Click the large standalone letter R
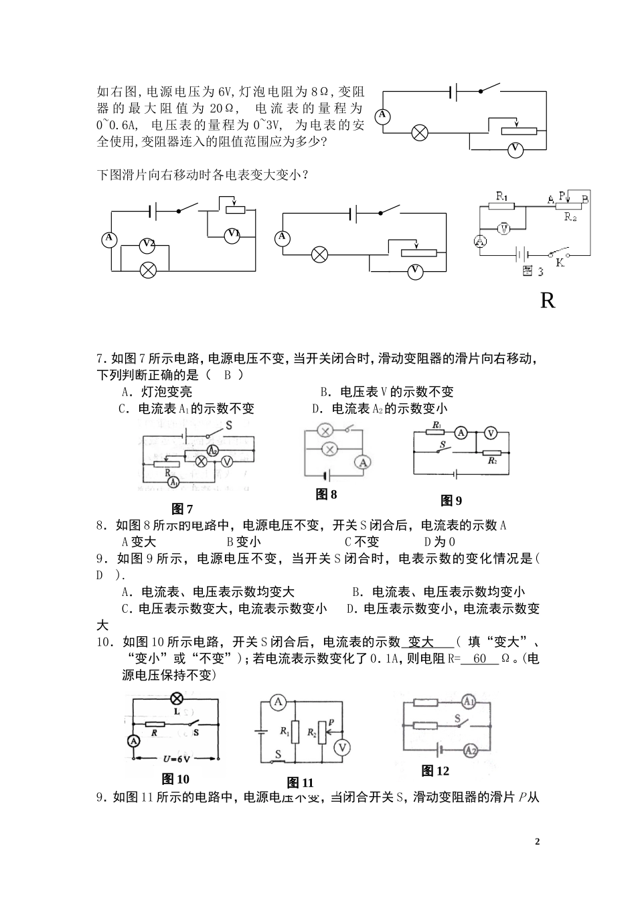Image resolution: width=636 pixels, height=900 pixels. pos(547,301)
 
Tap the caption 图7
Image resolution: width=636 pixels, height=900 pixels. pos(182,509)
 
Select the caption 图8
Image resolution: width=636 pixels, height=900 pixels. pos(326,494)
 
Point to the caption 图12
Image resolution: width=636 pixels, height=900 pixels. pos(435,771)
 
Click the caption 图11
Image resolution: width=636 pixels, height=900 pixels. pos(300,782)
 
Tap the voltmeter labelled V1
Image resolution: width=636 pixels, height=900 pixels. pos(233,234)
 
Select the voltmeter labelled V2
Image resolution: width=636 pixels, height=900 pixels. pos(148,245)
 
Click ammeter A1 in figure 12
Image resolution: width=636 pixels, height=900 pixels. pos(469,701)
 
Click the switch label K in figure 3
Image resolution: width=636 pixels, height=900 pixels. pos(560,263)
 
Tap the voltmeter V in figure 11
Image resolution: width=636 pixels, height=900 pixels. pos(343,747)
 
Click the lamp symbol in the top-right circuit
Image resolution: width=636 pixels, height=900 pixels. pos(420,133)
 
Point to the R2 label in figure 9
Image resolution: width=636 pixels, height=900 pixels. pos(492,462)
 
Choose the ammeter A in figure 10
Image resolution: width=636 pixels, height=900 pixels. pos(133,741)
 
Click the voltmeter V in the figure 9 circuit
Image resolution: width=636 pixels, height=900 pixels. pos(490,433)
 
